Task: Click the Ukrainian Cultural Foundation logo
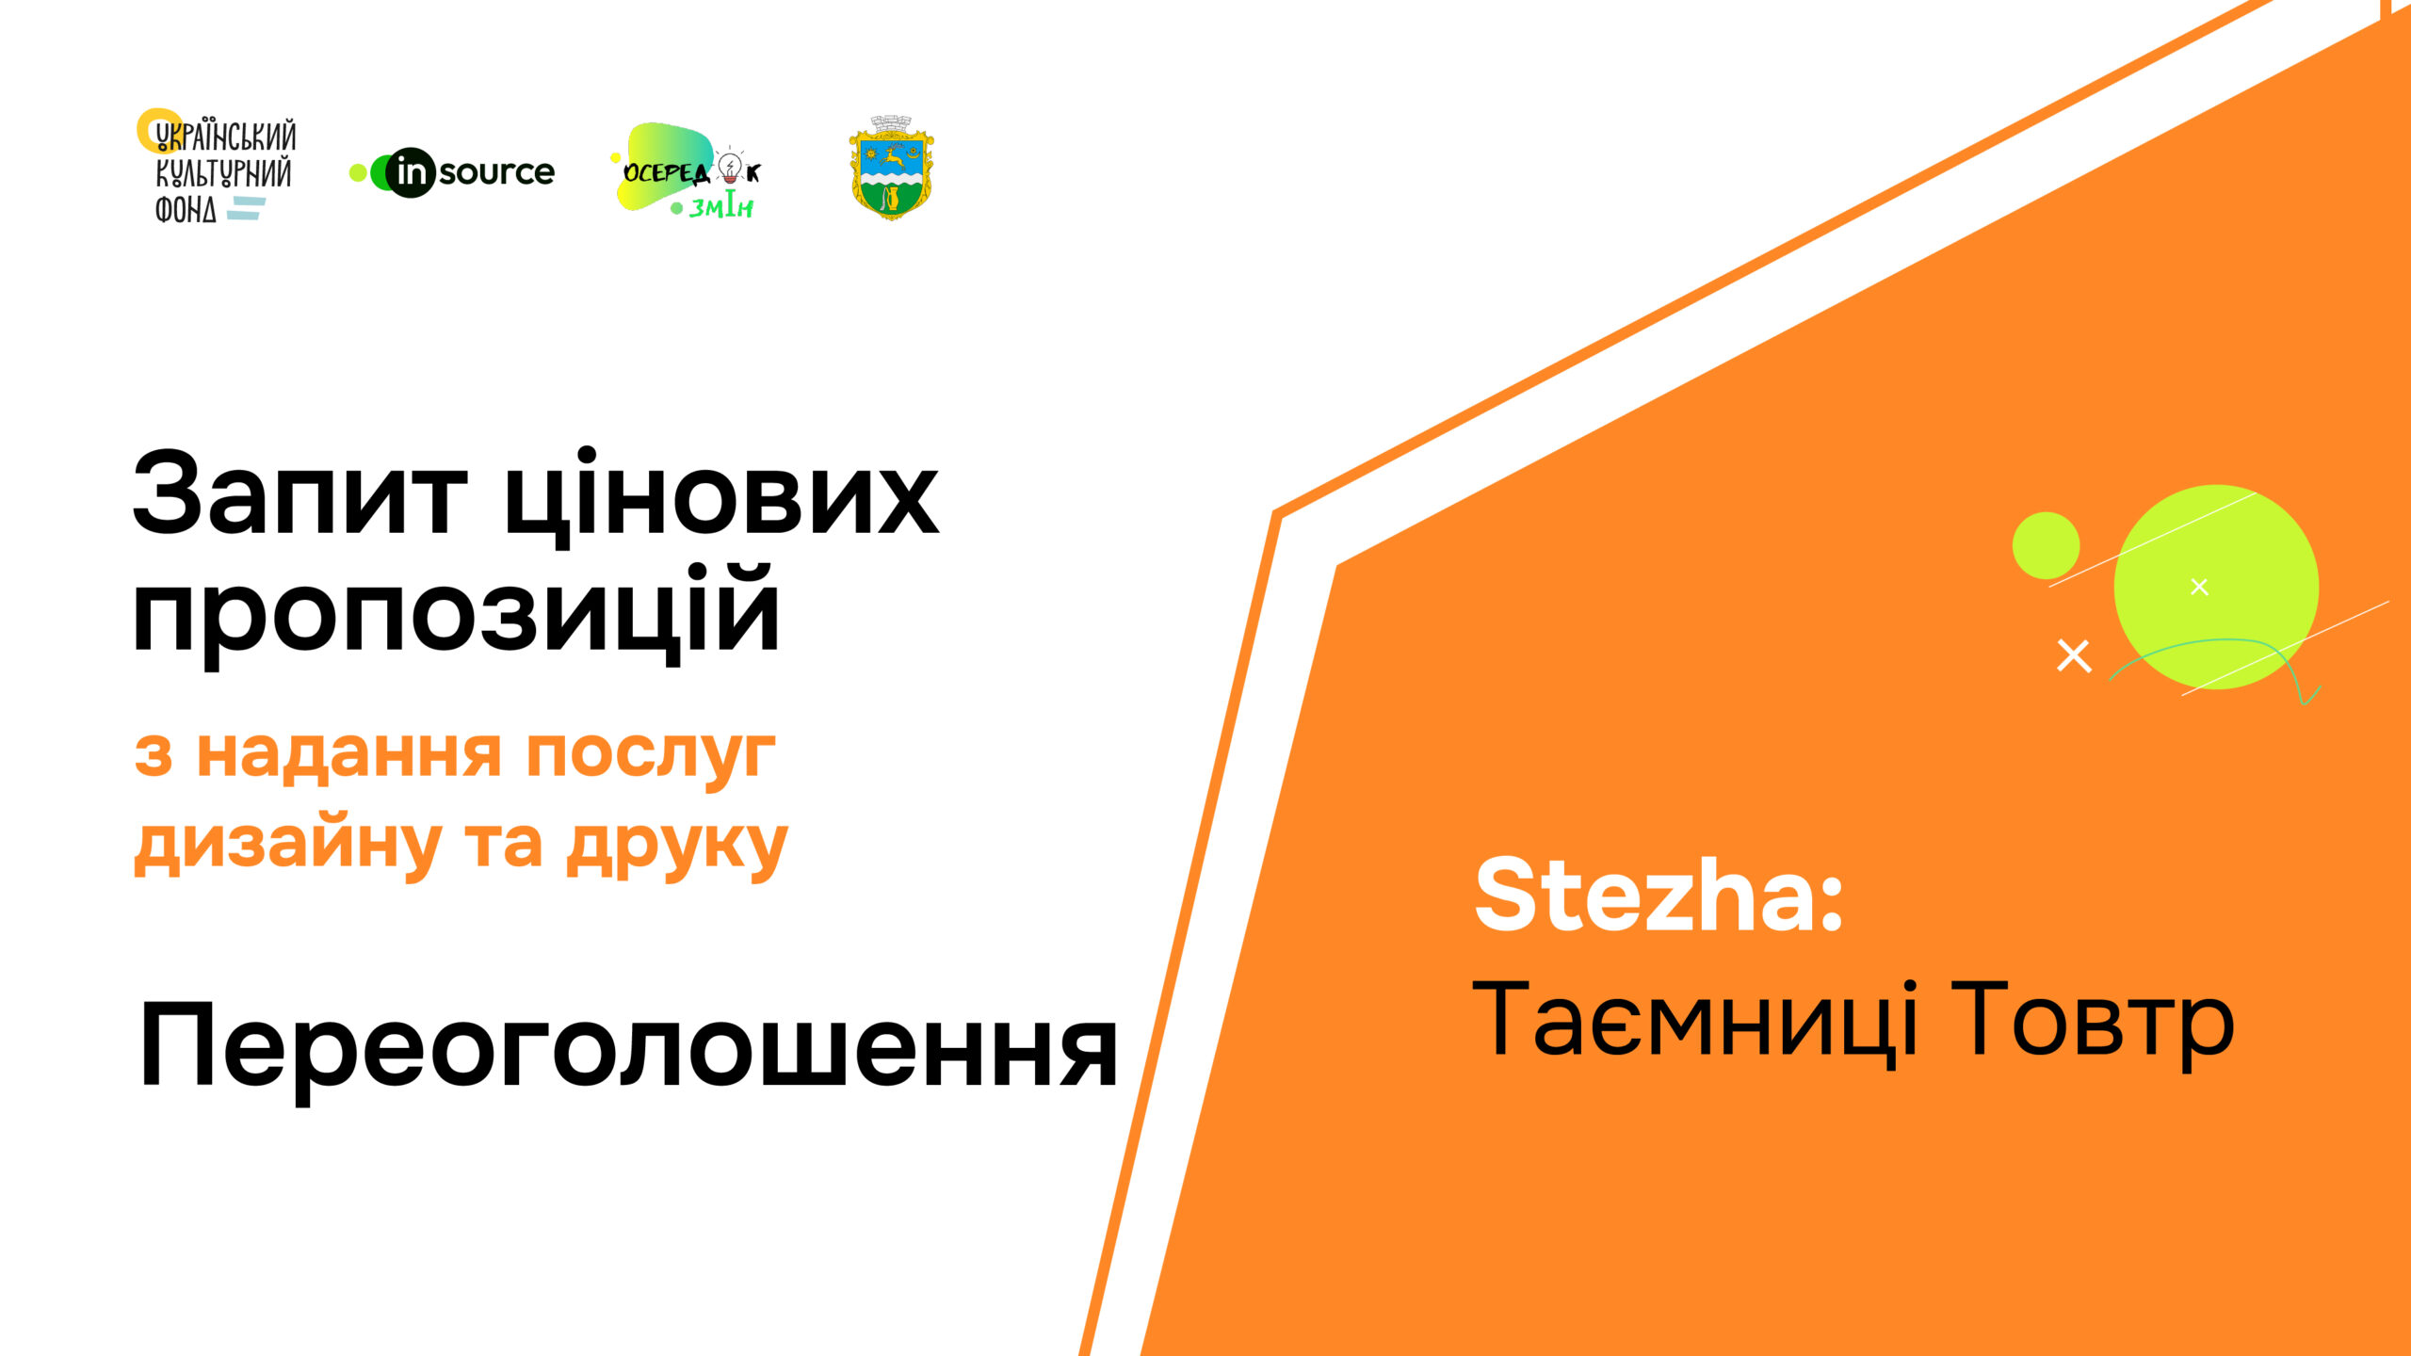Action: (x=217, y=167)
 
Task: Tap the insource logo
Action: (x=452, y=172)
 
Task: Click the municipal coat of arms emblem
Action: (x=891, y=168)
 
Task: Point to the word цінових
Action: (x=721, y=496)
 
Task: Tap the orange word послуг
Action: (x=651, y=755)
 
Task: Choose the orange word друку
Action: (x=676, y=846)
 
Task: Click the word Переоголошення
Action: (x=628, y=1049)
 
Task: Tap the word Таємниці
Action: (x=1695, y=1021)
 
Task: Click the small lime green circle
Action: (x=2046, y=545)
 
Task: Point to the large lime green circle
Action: (x=2216, y=587)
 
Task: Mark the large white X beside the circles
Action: (x=2074, y=655)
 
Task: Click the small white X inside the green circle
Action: (x=2199, y=587)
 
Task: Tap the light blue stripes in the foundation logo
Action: (x=247, y=208)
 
